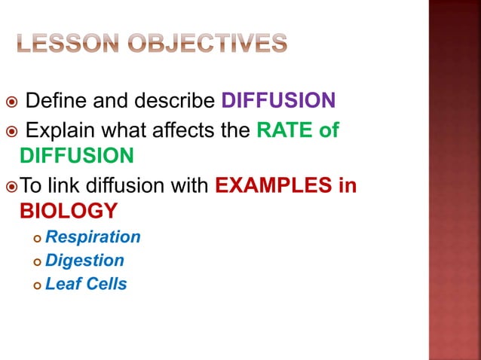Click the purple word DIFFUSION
tap(278, 101)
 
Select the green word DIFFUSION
tap(77, 156)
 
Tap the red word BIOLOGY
tap(69, 210)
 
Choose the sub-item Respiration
tap(93, 237)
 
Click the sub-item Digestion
tap(84, 261)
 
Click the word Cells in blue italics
tap(106, 284)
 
